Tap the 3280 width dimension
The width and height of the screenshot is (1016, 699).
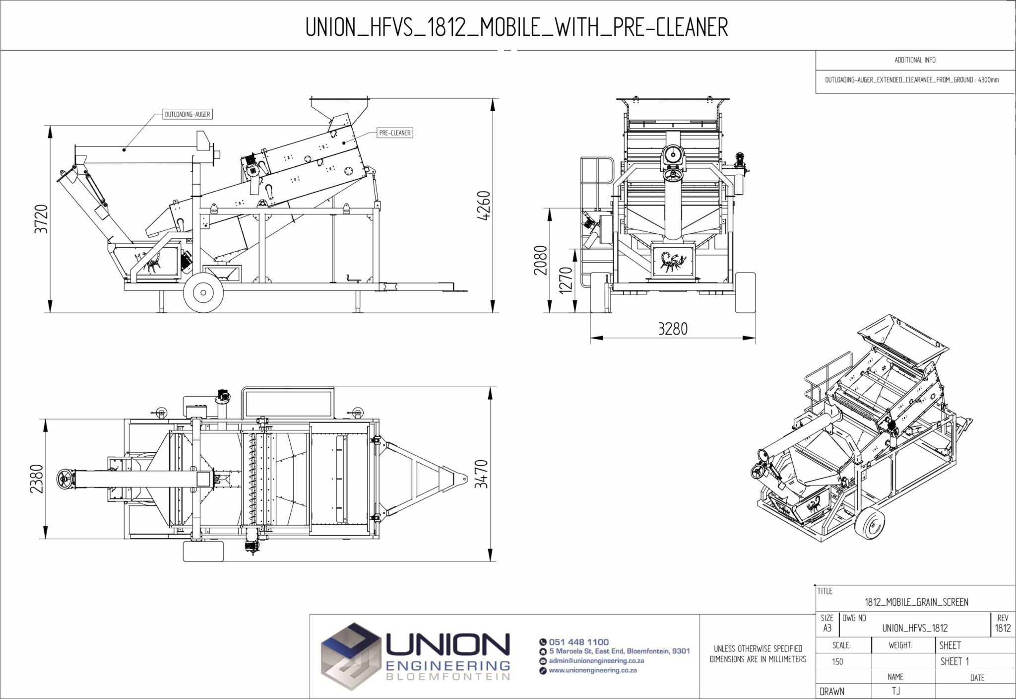pyautogui.click(x=672, y=329)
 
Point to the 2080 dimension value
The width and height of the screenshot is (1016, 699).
pyautogui.click(x=541, y=260)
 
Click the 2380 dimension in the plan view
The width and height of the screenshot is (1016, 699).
pyautogui.click(x=37, y=479)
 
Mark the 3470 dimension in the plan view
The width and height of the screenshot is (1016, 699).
pyautogui.click(x=482, y=474)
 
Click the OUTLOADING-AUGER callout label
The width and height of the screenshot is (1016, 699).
pyautogui.click(x=188, y=115)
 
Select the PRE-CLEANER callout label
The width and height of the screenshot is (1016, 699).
pyautogui.click(x=394, y=133)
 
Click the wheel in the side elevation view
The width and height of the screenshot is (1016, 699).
pyautogui.click(x=203, y=293)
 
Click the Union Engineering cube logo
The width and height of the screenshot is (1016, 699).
pyautogui.click(x=350, y=656)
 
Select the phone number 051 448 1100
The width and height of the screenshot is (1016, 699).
pyautogui.click(x=578, y=642)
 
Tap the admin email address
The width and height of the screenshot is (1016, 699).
pyautogui.click(x=596, y=661)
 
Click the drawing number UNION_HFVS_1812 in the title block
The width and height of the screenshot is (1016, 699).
pyautogui.click(x=914, y=628)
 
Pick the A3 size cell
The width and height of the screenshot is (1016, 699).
pyautogui.click(x=827, y=628)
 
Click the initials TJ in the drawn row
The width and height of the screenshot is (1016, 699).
pyautogui.click(x=896, y=691)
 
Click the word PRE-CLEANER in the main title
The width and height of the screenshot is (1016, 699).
pyautogui.click(x=671, y=27)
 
